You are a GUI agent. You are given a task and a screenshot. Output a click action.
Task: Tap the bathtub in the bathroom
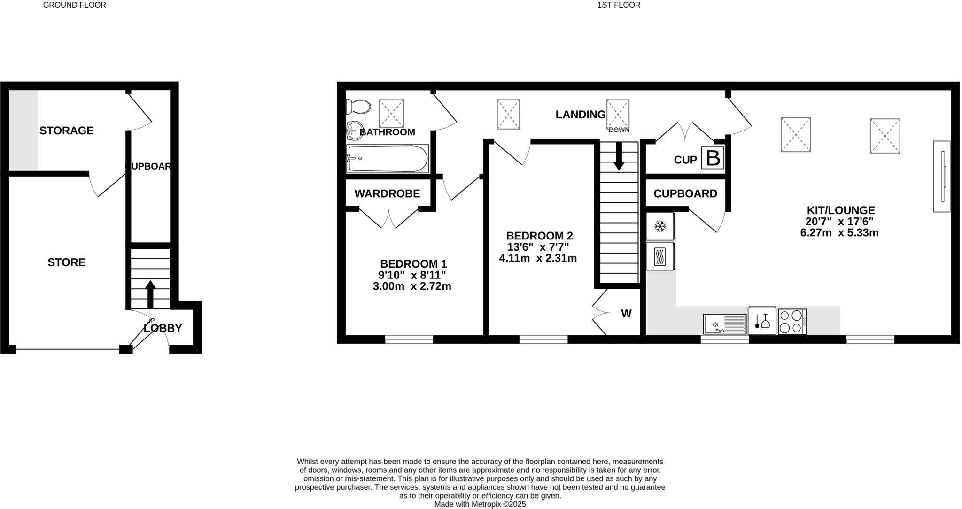click(387, 159)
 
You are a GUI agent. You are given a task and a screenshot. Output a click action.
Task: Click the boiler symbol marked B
click(713, 158)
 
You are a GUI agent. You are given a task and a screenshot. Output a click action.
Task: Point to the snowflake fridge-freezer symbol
click(660, 227)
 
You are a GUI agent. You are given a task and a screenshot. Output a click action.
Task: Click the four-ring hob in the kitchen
click(792, 322)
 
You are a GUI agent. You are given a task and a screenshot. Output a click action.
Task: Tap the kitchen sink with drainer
click(724, 324)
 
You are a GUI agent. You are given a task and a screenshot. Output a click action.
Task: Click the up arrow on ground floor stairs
click(150, 293)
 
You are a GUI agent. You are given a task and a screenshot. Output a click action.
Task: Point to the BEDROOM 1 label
click(413, 264)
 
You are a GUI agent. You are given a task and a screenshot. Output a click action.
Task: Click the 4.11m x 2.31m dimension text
click(537, 258)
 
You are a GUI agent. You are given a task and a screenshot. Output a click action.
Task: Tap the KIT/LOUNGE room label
click(840, 210)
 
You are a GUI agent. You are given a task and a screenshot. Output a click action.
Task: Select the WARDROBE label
click(387, 193)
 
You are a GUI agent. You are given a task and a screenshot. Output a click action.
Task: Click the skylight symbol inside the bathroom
click(391, 113)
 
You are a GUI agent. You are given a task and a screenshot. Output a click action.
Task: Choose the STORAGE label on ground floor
click(66, 131)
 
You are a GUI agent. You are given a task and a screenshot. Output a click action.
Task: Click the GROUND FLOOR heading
click(74, 5)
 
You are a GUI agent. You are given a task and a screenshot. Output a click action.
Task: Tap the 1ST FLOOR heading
click(619, 5)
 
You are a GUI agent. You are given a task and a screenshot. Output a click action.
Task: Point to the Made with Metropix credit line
click(480, 504)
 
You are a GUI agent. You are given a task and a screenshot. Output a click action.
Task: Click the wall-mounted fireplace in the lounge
click(941, 176)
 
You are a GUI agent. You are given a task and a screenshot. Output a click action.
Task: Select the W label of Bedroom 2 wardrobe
click(626, 314)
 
